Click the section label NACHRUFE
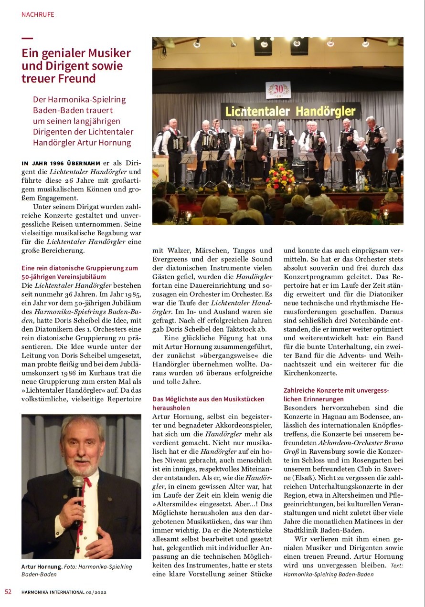coord(38,14)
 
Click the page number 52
coord(8,592)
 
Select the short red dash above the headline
coord(27,39)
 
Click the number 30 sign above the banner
coord(278,90)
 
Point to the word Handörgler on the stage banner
coord(326,112)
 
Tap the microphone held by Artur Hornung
coord(77,496)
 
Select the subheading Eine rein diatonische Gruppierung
coord(80,268)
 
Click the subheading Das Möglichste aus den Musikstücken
coord(208,399)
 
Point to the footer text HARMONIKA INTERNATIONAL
coord(53,592)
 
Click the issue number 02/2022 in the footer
coord(96,592)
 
